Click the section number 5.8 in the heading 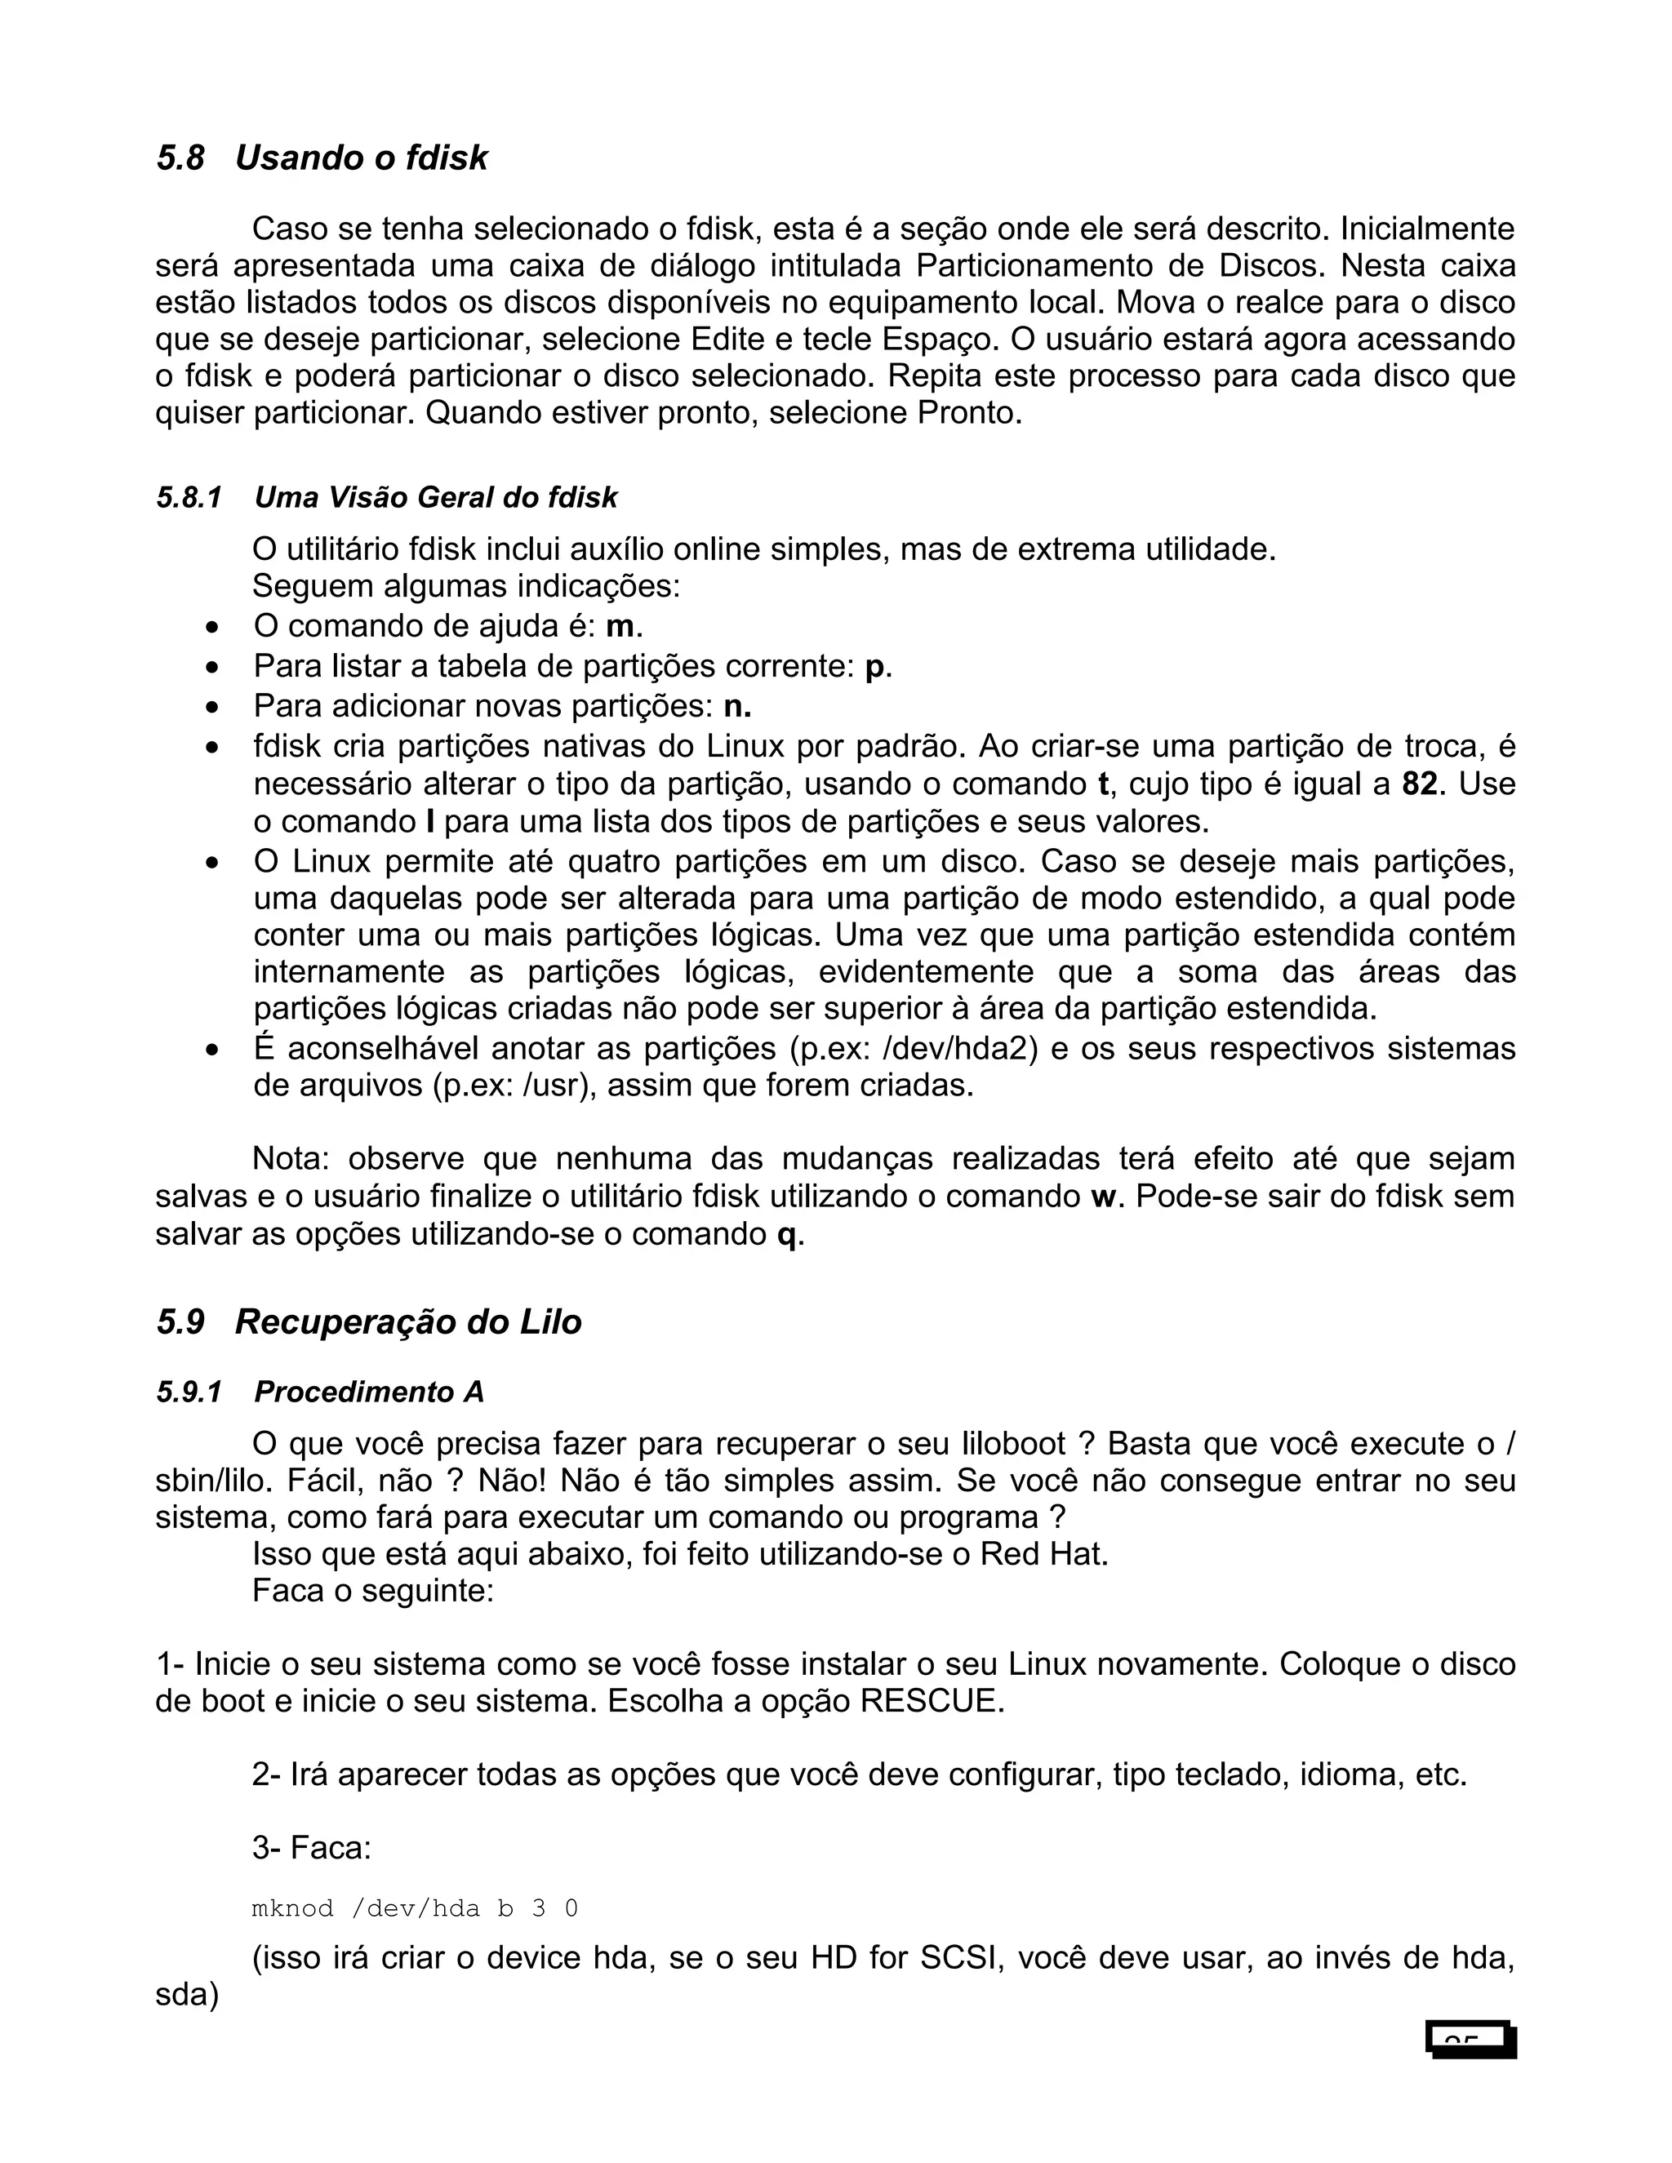coord(180,158)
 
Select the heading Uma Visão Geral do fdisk coord(436,497)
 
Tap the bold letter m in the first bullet coord(619,628)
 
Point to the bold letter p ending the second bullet coord(874,668)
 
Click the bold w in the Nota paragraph coord(1102,1197)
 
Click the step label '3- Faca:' coord(311,1848)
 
